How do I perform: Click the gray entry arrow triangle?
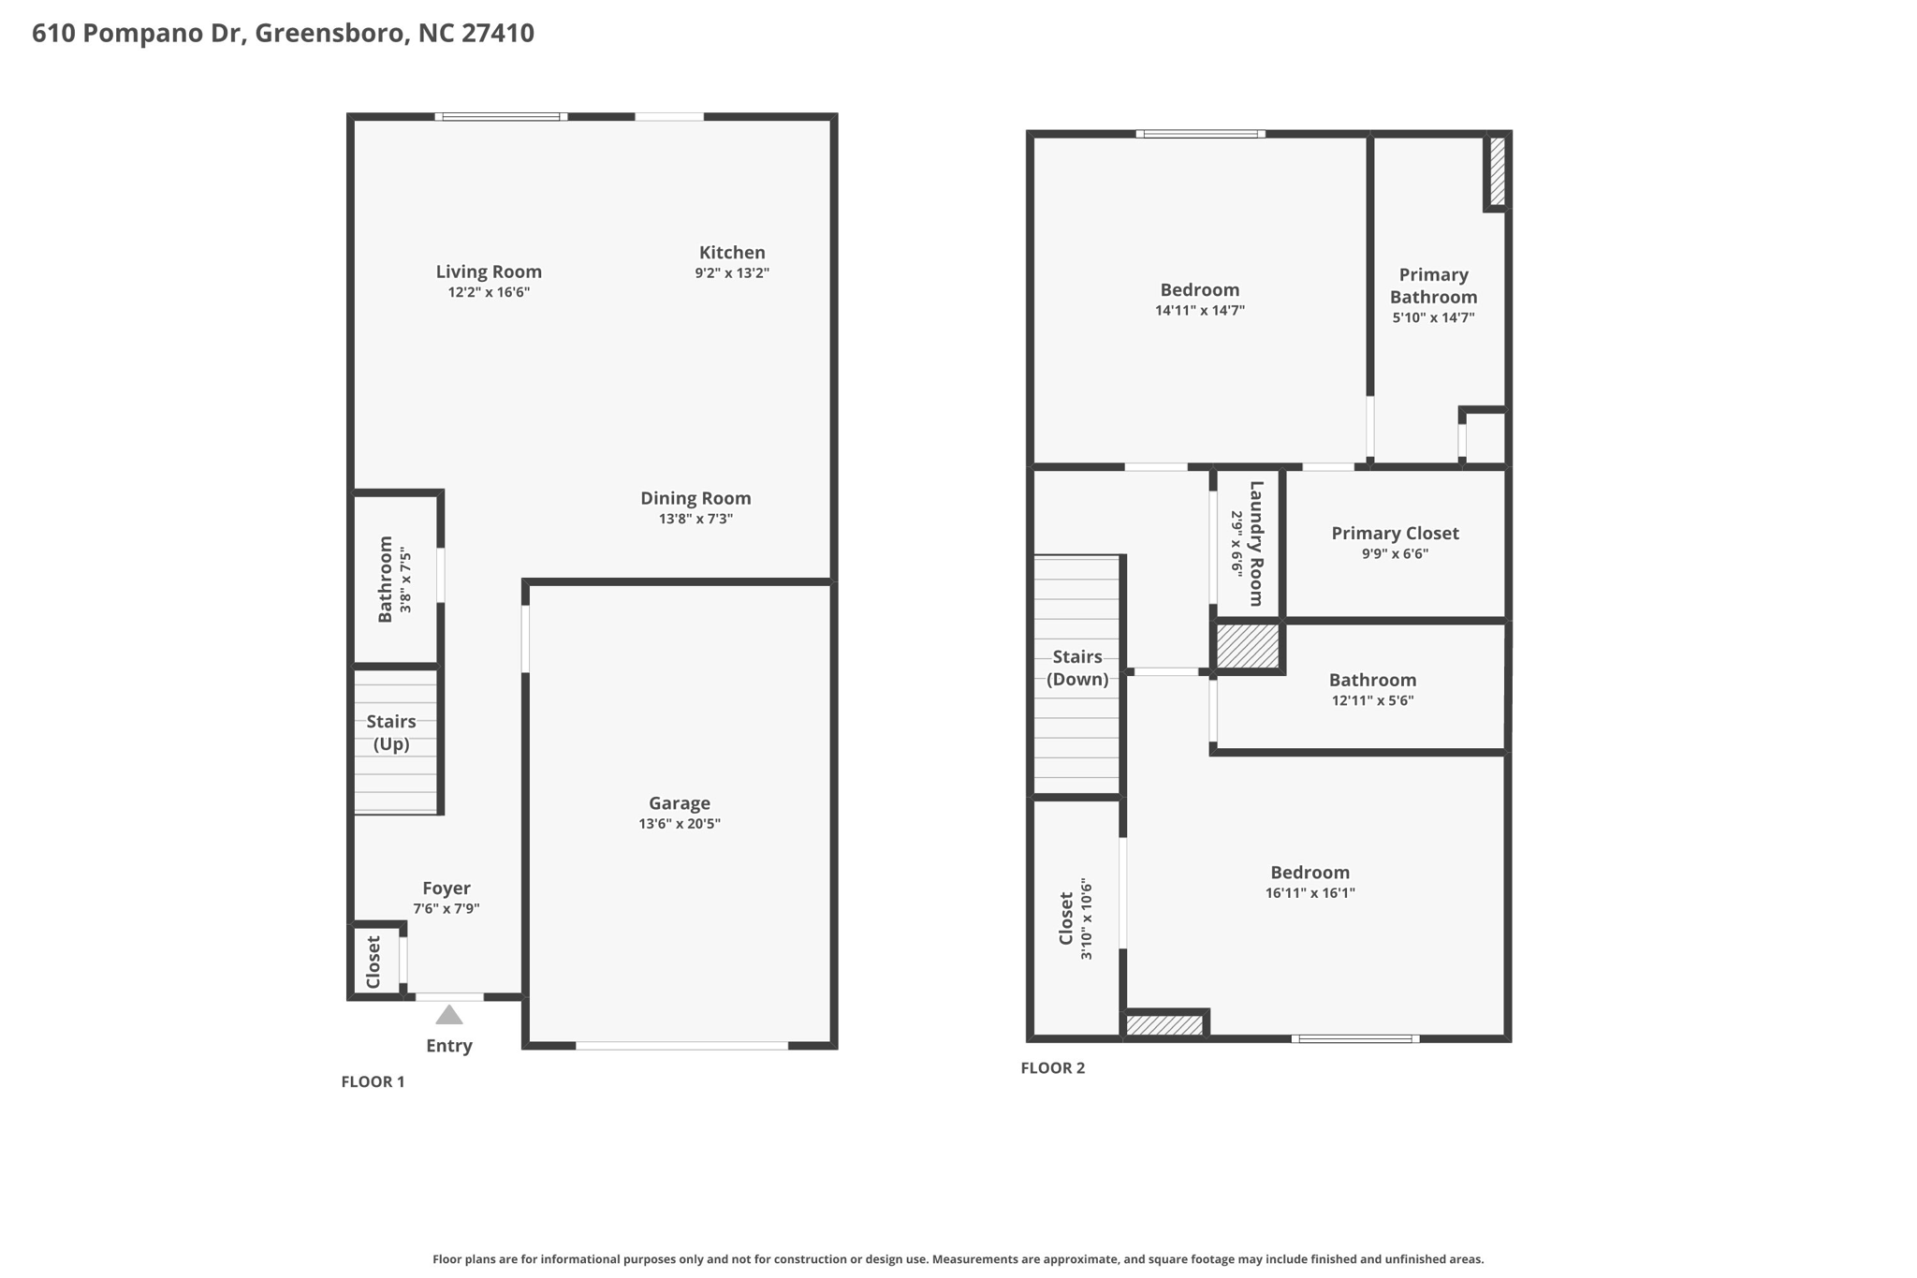449,1015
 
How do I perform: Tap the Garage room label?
680,803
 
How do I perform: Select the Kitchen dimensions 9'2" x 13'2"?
732,273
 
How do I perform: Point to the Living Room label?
489,272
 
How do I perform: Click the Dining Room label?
695,498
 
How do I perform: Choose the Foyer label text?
446,888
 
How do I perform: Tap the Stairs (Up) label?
391,733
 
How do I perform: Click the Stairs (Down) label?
1077,668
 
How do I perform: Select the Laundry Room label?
1256,543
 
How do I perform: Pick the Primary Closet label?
1395,533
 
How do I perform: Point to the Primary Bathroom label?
1433,286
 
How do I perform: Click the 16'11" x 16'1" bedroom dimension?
1310,893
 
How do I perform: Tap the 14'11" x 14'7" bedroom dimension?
1200,311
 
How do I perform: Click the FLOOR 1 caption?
373,1081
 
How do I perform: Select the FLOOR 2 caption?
1052,1067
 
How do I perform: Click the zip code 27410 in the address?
498,34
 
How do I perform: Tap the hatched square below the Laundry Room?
1247,646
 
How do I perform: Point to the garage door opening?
681,1045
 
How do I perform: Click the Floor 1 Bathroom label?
385,580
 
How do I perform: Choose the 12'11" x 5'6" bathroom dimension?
1372,700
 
